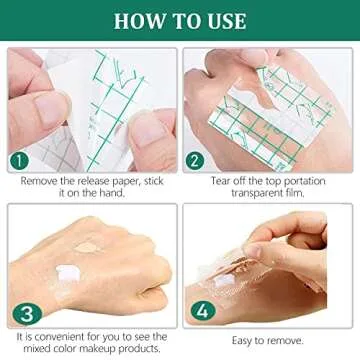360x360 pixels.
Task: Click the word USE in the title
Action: [x=222, y=20]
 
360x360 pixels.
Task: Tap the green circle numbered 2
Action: [x=195, y=161]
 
